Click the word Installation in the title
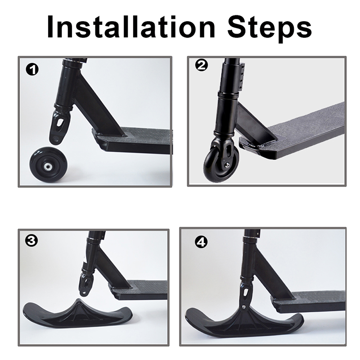(x=131, y=27)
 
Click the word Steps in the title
(x=270, y=29)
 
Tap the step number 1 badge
(x=32, y=70)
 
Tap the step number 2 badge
(x=201, y=65)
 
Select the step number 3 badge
(x=31, y=241)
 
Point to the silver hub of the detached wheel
(x=48, y=166)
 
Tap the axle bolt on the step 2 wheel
(x=227, y=164)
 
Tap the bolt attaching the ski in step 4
(x=244, y=306)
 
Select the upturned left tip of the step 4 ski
(x=191, y=315)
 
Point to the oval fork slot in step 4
(x=246, y=292)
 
